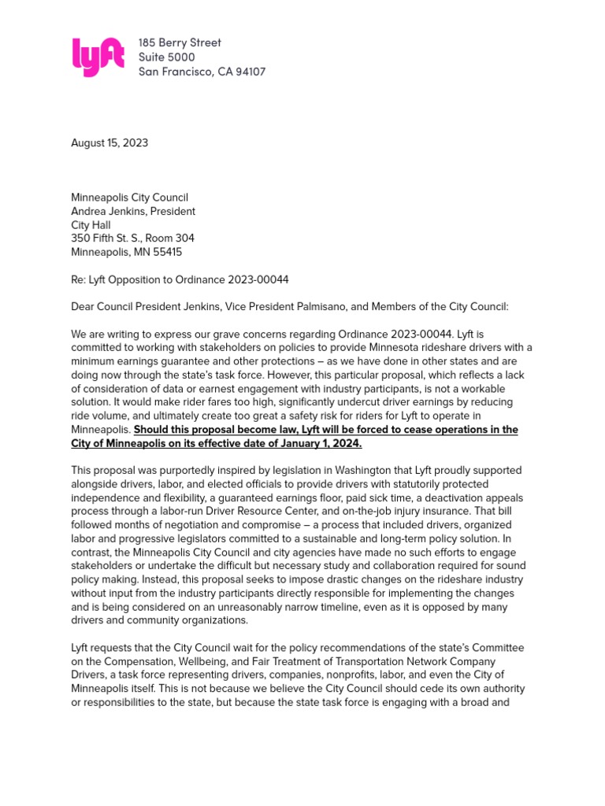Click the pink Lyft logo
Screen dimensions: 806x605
tap(98, 57)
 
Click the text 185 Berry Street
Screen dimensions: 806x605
tap(180, 43)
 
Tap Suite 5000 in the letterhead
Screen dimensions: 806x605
tap(166, 57)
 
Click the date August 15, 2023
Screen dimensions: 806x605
tap(109, 143)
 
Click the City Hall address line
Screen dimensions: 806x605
tap(91, 225)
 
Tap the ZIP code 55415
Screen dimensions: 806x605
tap(165, 252)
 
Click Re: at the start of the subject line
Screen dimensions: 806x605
tap(79, 279)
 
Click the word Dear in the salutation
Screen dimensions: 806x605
tap(84, 307)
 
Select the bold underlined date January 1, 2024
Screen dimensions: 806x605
tap(320, 443)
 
